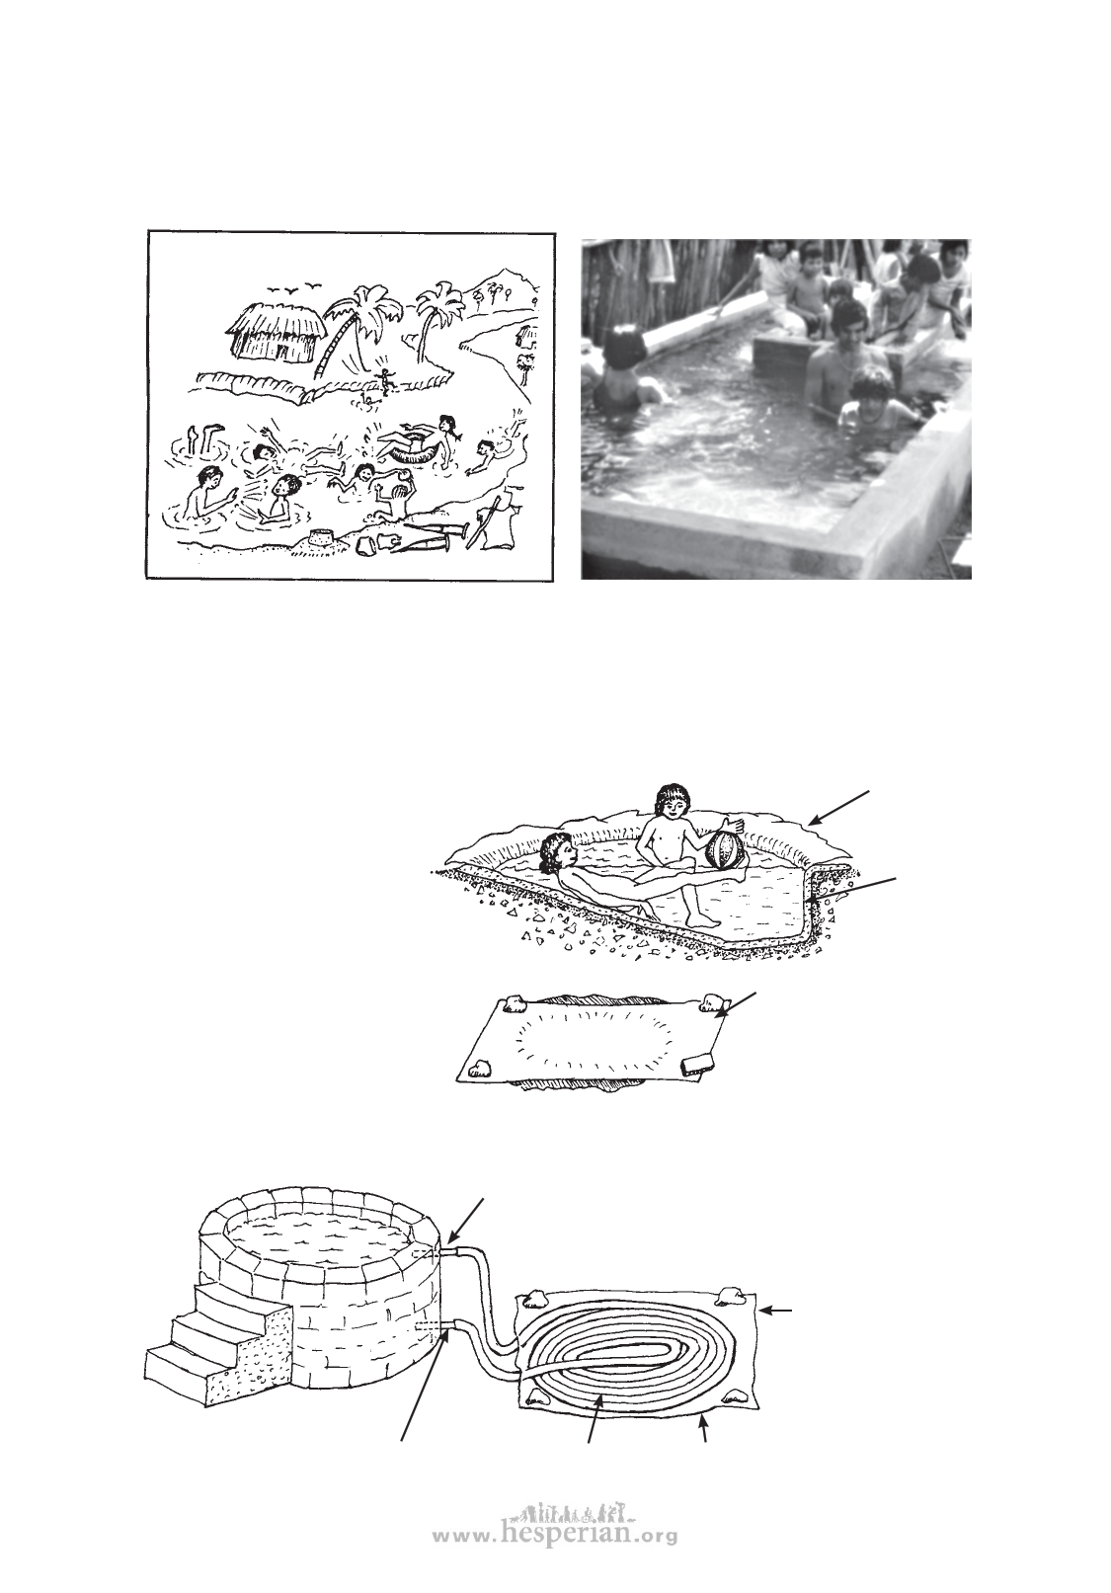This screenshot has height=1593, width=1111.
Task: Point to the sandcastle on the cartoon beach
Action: pyautogui.click(x=324, y=538)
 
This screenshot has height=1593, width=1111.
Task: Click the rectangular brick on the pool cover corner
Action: pyautogui.click(x=697, y=1065)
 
